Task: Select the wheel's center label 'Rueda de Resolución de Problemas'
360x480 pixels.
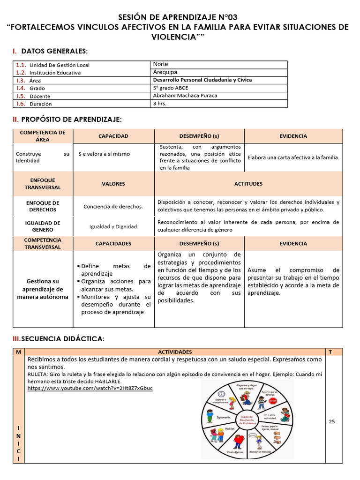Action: click(247, 419)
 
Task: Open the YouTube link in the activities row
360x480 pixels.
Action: click(90, 388)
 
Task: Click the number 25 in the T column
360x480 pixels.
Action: click(332, 421)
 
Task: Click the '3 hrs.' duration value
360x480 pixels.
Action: click(160, 104)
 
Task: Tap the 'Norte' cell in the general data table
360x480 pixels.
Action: click(160, 64)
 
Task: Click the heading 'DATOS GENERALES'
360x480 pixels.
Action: click(54, 51)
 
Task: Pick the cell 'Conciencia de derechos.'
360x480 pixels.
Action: click(113, 206)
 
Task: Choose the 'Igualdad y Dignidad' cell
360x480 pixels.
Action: click(113, 226)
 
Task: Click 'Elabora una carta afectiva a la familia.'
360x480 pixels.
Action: click(293, 157)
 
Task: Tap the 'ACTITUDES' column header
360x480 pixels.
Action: click(248, 184)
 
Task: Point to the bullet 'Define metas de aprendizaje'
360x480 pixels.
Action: click(115, 270)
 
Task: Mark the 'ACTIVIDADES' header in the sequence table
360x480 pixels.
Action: click(174, 352)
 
